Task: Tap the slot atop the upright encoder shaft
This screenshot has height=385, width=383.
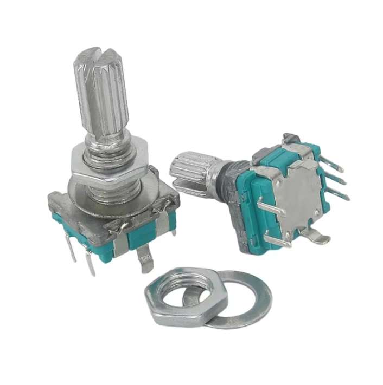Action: click(x=98, y=55)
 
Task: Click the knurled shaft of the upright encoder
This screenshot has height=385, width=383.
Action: click(x=103, y=97)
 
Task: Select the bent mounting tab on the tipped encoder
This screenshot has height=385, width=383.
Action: click(x=315, y=236)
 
